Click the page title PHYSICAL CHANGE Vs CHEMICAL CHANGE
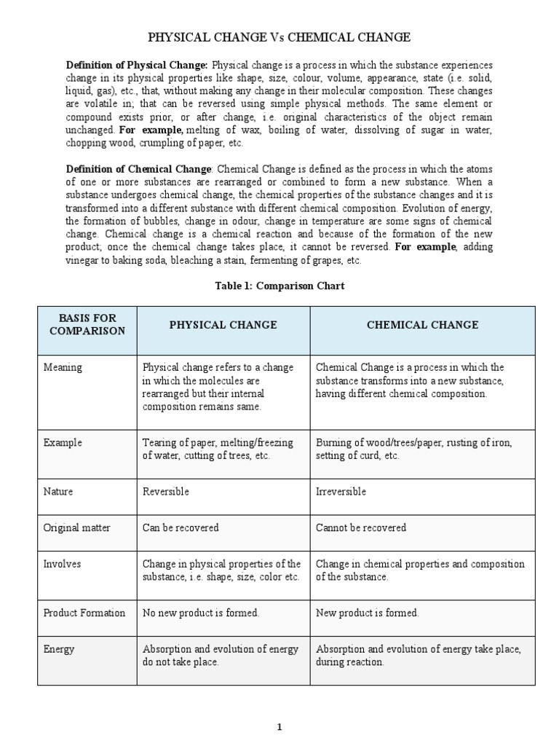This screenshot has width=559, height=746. [x=279, y=37]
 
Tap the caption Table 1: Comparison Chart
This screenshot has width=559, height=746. [x=279, y=286]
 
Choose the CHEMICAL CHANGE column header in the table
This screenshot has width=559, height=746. [x=422, y=325]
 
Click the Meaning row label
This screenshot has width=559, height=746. [x=63, y=368]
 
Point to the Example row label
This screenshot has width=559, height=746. [x=63, y=443]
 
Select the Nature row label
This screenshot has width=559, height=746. [x=58, y=492]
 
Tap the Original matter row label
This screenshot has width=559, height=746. [x=77, y=527]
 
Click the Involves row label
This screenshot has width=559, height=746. [x=63, y=564]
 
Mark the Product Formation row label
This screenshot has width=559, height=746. [x=84, y=613]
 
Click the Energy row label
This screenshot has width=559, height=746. [x=59, y=649]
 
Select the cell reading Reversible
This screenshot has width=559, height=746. [x=165, y=492]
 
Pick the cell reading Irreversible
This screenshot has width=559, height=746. [x=341, y=492]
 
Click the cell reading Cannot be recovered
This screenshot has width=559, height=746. [x=361, y=527]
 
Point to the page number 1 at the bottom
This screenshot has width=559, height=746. [x=279, y=726]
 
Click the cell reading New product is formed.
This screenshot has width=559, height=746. [x=368, y=613]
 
